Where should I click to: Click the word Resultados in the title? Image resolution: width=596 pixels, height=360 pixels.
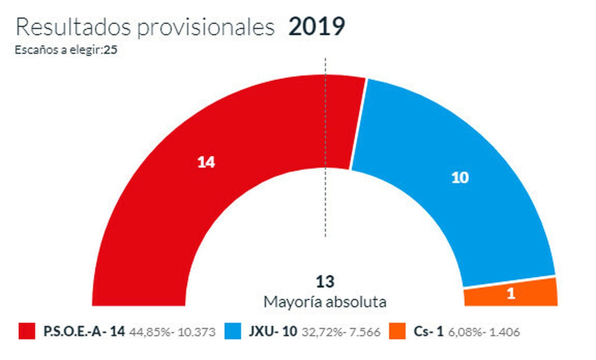[73, 27]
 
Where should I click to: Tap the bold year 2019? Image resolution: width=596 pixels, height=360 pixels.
[317, 27]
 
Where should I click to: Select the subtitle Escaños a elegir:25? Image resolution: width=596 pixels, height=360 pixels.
[66, 50]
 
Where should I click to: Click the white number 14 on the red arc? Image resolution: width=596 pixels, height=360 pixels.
[206, 162]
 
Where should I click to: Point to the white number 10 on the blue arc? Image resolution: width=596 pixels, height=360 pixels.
[460, 178]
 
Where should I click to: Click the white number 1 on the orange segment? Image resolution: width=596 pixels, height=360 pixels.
[511, 294]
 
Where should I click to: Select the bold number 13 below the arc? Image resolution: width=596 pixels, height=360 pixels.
[325, 282]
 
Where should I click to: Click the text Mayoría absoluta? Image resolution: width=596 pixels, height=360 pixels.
[325, 302]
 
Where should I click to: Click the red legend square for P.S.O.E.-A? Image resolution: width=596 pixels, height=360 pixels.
[27, 331]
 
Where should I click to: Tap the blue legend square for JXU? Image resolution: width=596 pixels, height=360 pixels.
[233, 331]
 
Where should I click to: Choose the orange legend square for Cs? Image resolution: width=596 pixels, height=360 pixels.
[397, 331]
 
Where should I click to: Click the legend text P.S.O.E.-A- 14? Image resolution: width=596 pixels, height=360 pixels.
[84, 331]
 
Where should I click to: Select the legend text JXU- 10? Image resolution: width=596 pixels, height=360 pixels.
[273, 331]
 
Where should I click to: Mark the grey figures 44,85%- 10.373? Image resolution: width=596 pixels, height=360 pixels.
[172, 332]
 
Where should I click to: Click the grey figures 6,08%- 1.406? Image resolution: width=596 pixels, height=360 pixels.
[484, 332]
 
